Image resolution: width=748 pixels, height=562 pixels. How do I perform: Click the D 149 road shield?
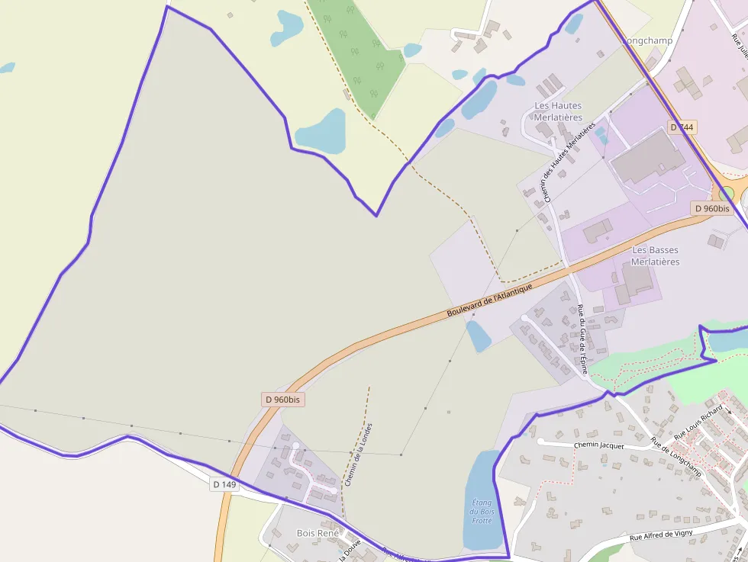(x=224, y=483)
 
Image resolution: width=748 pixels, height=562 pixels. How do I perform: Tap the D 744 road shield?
(x=682, y=127)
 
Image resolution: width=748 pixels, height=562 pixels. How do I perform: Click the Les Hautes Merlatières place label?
(x=558, y=111)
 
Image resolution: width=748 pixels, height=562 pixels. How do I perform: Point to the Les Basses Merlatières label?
(x=655, y=255)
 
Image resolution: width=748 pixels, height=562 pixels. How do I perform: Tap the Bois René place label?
(x=317, y=533)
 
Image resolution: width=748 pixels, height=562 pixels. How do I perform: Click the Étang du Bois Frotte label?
(x=482, y=512)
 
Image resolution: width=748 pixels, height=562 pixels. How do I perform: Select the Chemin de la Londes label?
(x=359, y=454)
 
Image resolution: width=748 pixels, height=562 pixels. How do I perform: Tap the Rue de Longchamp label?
(x=676, y=456)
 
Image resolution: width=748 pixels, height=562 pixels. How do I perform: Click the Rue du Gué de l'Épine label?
(x=582, y=339)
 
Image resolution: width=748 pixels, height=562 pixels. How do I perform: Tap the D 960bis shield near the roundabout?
(x=711, y=208)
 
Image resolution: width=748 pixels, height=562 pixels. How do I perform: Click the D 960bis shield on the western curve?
(x=282, y=399)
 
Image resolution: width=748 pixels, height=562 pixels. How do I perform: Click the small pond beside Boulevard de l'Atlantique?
(x=479, y=336)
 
